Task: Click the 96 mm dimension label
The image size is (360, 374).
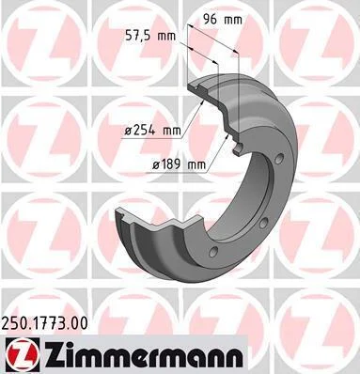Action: [223, 20]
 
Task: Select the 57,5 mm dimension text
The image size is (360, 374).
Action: [150, 36]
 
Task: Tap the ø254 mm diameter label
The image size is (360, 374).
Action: [152, 130]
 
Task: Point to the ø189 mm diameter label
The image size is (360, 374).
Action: [180, 164]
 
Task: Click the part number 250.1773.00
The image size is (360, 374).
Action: [45, 323]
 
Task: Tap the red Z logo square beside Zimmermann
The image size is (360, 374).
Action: [23, 355]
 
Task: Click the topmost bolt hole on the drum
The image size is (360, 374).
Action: [279, 158]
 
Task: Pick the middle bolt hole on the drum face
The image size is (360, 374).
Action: [263, 223]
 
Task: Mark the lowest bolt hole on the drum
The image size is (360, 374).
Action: [214, 251]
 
